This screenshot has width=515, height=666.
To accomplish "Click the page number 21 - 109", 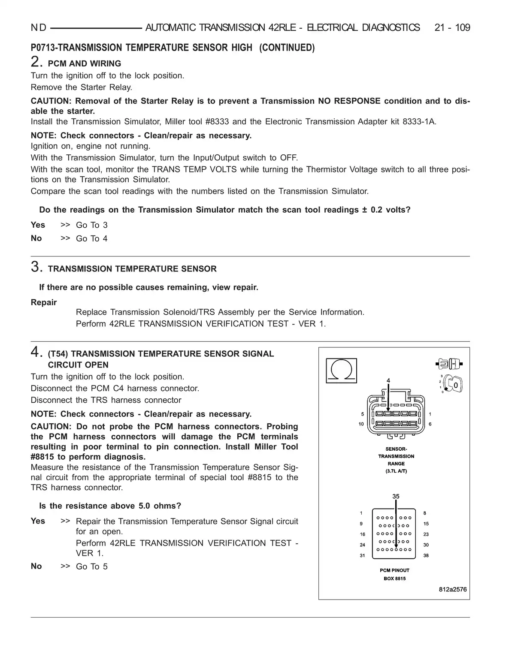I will coord(452,28).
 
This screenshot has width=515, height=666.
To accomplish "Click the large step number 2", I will coord(36,62).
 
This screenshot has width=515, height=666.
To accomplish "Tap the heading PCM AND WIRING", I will coord(85,64).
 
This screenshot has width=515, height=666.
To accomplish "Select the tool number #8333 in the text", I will coord(218,122).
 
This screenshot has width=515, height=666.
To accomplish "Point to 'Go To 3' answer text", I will coord(92,225).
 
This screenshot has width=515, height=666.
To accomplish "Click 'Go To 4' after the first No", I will coord(92,238).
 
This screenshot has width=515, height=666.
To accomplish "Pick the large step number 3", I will coord(36,267).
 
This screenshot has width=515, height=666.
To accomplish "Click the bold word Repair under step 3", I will coord(44,302).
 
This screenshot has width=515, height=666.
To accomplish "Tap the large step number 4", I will coord(36,353).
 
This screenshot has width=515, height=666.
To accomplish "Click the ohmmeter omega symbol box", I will coord(341,370).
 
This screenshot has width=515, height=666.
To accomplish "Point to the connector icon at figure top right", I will coord(448,364).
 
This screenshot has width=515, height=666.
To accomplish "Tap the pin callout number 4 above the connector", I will coord(388,380).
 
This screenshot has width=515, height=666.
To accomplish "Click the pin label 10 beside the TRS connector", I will coord(361,424).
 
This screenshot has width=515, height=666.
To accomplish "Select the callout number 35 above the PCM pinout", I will coord(396,496).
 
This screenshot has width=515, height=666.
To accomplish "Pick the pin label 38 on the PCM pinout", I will coord(426,555).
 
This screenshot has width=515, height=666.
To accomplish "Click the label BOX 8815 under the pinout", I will coord(394,579).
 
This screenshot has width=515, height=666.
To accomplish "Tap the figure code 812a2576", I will coord(453,589).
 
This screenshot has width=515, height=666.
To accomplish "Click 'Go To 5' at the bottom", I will coord(92,567).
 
